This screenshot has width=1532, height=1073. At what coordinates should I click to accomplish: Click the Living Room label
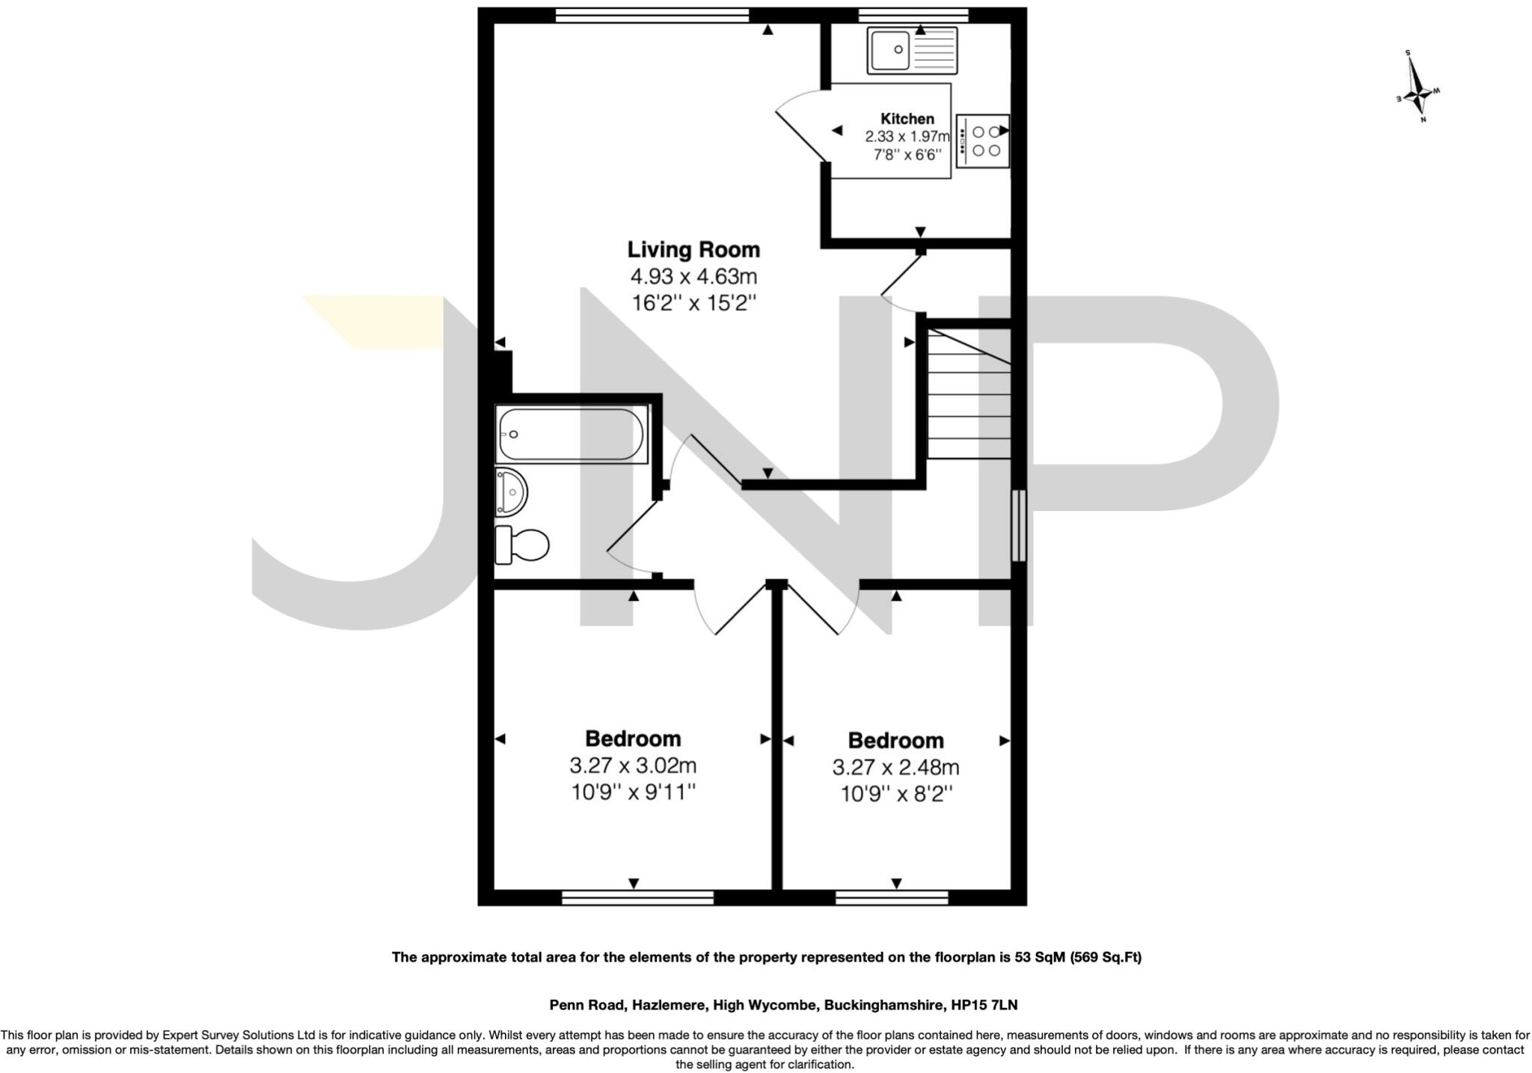click(693, 249)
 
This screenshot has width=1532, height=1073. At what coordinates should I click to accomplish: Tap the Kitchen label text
click(907, 118)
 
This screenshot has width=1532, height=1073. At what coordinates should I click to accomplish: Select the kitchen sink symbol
click(912, 50)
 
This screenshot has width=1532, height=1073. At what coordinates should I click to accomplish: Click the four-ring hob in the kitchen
click(983, 141)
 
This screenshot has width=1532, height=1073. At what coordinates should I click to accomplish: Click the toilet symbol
click(522, 544)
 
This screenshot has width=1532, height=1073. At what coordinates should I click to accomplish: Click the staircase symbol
click(969, 393)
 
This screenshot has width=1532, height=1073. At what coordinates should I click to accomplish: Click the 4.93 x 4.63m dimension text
click(693, 277)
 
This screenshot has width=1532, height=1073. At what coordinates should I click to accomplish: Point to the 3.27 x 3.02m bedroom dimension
click(633, 765)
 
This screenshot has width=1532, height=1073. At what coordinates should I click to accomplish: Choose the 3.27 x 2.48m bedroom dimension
click(895, 767)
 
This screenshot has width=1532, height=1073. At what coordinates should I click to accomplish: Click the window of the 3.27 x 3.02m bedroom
click(637, 897)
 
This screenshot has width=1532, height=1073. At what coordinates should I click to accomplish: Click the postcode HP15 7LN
click(984, 1005)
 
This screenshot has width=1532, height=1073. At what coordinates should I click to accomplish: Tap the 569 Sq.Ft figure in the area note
click(1106, 957)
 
